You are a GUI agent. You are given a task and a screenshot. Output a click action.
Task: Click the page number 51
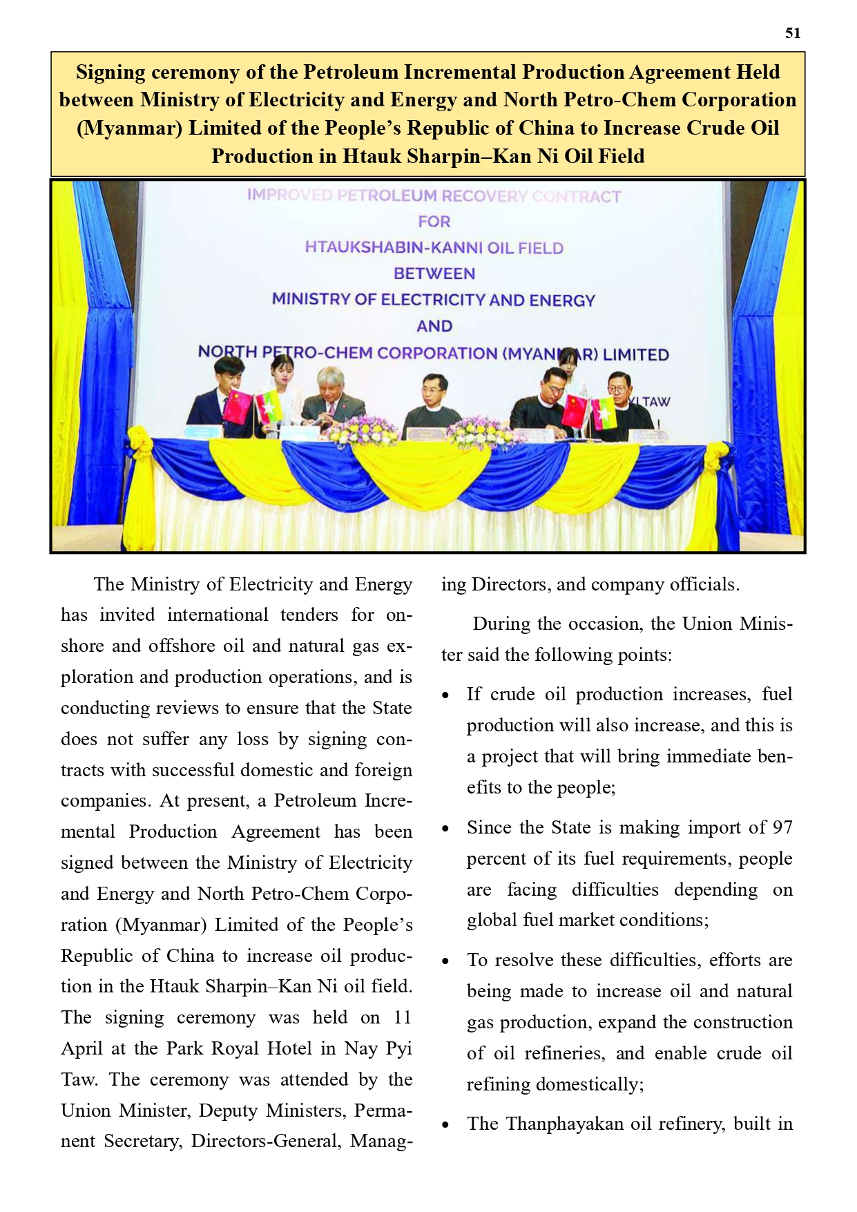point(793,33)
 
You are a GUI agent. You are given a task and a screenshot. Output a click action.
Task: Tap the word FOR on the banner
point(434,222)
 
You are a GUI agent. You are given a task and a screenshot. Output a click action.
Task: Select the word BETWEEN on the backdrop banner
point(434,273)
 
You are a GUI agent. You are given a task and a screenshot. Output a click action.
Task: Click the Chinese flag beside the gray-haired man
point(237,407)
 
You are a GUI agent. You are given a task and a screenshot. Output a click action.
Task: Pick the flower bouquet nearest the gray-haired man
point(362,431)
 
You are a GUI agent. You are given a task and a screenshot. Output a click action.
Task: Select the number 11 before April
point(402,1017)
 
